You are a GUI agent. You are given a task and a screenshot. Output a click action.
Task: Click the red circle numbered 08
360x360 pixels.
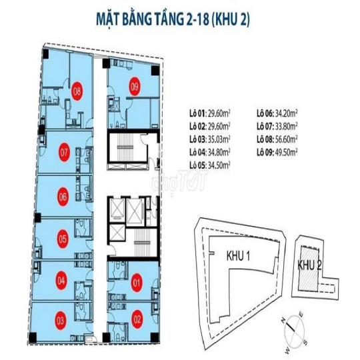[77, 91]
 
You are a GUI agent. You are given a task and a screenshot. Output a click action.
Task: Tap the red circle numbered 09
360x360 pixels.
[135, 87]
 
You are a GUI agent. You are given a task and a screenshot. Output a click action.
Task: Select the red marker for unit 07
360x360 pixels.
[64, 152]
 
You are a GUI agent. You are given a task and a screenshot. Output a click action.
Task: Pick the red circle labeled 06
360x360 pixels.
[63, 197]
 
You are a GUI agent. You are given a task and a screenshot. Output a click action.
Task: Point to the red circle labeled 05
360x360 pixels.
[63, 239]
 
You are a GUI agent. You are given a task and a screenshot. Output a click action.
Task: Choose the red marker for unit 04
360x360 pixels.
[61, 280]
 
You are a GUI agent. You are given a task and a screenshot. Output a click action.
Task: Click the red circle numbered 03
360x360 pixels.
[61, 320]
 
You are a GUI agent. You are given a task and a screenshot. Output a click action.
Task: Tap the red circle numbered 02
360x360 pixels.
[137, 319]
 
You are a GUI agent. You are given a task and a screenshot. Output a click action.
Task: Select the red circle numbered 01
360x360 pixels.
[137, 283]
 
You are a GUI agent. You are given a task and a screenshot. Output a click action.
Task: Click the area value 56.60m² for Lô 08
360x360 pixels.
[286, 139]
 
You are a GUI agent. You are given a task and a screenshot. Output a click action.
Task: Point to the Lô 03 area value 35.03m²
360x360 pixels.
[219, 139]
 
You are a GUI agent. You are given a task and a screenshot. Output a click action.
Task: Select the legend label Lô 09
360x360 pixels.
[265, 153]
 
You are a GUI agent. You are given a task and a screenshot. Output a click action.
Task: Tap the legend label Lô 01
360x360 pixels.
[197, 113]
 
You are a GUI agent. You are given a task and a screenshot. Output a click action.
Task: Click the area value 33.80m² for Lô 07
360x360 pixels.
[286, 126]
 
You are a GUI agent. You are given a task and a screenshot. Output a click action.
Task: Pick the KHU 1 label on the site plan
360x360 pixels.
[238, 256]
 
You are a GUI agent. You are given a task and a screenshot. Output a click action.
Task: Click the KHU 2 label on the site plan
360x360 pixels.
[309, 265]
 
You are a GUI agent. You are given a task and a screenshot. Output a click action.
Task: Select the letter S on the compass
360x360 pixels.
[305, 342]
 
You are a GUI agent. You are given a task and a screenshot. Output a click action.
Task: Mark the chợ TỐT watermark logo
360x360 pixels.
[179, 183]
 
